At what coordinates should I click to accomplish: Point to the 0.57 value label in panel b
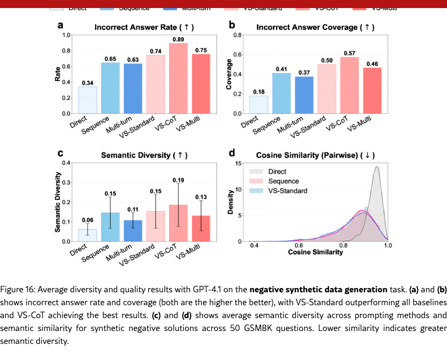click(x=349, y=53)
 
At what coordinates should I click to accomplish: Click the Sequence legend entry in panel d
click(x=283, y=181)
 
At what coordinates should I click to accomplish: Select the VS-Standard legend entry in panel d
click(x=287, y=191)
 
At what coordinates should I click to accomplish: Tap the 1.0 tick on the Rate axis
click(x=67, y=35)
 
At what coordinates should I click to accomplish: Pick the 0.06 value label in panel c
click(x=88, y=220)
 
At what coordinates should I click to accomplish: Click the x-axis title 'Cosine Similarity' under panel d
click(x=315, y=252)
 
